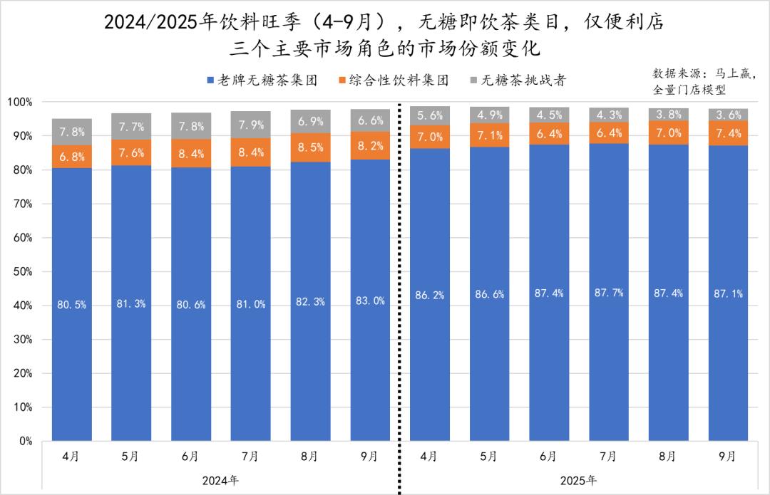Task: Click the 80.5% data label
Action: click(71, 305)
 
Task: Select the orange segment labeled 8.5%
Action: click(310, 147)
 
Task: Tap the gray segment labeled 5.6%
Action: click(429, 115)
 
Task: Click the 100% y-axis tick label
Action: click(20, 102)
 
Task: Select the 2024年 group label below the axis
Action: click(220, 480)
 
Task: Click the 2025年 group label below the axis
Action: click(578, 480)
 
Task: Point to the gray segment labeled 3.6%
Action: click(728, 115)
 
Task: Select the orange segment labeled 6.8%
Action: click(71, 157)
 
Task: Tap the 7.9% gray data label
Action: click(250, 126)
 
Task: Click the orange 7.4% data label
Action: click(728, 133)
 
